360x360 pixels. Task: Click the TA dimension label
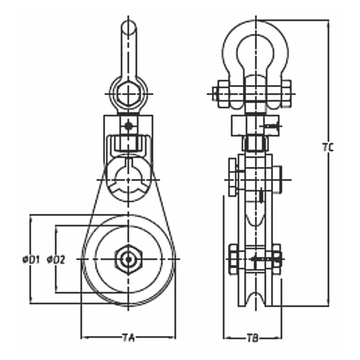[128, 338]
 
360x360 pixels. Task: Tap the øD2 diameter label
[56, 259]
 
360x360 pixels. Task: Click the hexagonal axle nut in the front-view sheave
[128, 259]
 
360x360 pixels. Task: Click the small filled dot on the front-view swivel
[128, 125]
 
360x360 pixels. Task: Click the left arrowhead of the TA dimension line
[83, 338]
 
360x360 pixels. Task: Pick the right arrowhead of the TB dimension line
[280, 338]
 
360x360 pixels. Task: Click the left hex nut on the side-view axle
[234, 259]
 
